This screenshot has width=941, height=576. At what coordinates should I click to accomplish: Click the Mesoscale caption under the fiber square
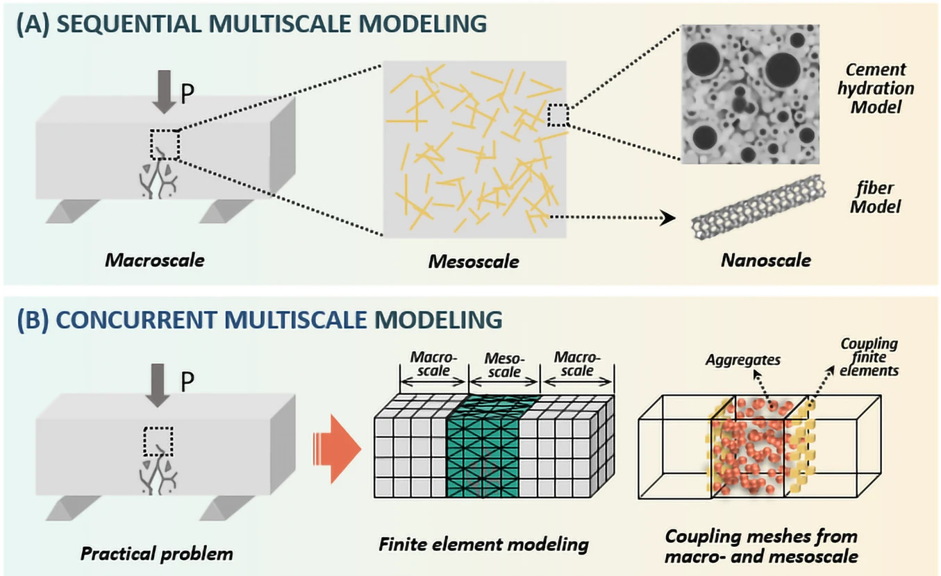[x=474, y=262]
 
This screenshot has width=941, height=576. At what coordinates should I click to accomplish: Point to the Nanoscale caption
[x=766, y=261]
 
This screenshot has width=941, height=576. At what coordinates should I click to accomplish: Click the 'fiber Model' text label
[x=878, y=197]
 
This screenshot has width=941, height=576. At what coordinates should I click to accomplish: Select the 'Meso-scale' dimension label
[x=505, y=366]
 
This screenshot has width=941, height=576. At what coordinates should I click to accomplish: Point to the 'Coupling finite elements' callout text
[x=869, y=357]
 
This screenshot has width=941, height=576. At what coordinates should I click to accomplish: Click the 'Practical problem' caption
[x=157, y=554]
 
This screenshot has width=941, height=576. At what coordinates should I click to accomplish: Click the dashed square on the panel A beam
[x=165, y=144]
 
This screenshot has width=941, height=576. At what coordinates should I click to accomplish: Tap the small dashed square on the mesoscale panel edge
[x=558, y=115]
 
